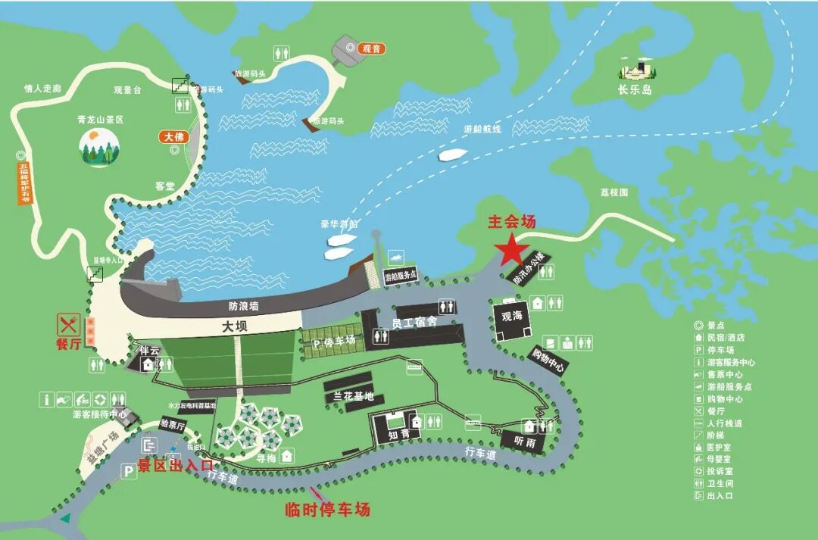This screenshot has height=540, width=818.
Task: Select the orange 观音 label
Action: (371, 48)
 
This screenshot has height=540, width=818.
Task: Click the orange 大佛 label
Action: (173, 137)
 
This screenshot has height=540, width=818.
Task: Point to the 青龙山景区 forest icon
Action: (99, 147)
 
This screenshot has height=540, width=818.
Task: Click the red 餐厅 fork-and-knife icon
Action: (69, 326)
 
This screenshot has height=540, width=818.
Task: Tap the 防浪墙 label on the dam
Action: (244, 307)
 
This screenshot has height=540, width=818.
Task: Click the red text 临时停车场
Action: (327, 509)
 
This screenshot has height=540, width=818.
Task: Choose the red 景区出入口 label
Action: (175, 464)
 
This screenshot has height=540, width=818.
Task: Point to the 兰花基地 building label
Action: (349, 396)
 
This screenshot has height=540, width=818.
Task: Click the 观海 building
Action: (513, 316)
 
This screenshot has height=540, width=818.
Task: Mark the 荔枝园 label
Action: (614, 192)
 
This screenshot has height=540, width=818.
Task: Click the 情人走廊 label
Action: (42, 89)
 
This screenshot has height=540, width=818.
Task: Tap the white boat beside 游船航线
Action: (452, 155)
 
